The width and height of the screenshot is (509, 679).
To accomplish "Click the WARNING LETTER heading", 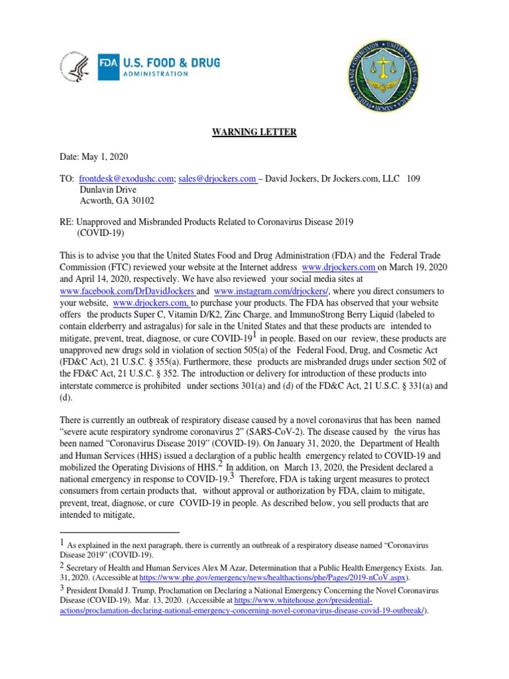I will coord(254,132).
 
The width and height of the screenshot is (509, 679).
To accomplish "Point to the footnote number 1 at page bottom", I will coord(62,543).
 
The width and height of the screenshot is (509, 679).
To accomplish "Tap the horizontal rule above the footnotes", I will coord(119,532).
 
